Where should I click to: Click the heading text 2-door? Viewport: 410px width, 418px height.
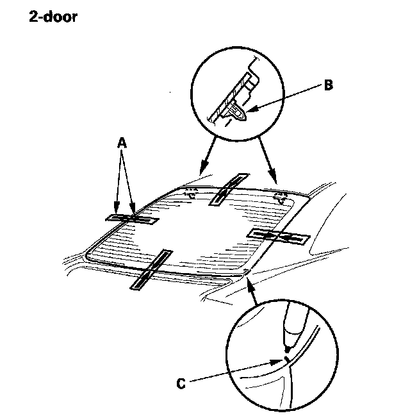53,17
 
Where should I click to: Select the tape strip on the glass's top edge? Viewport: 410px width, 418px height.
227,188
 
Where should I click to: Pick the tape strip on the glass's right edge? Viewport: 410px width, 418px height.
278,236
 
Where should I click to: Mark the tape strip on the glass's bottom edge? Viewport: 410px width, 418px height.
152,270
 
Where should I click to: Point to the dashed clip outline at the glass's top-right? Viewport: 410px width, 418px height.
279,196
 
